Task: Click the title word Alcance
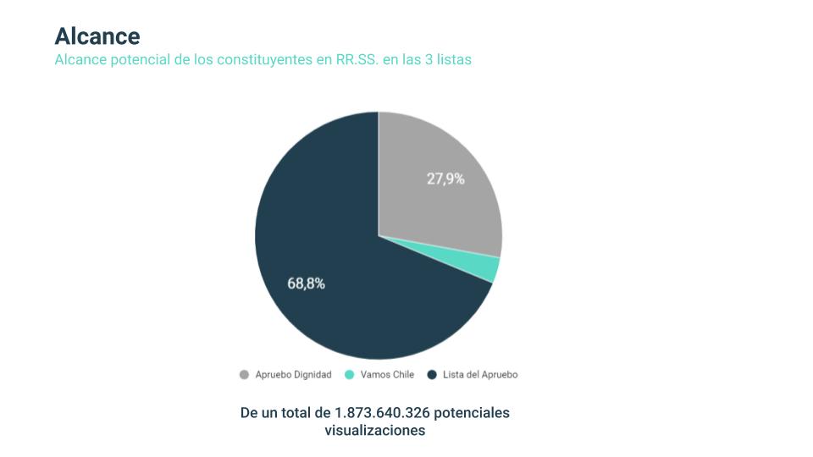pyautogui.click(x=97, y=36)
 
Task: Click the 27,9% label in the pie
pyautogui.click(x=445, y=179)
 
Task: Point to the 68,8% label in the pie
pyautogui.click(x=306, y=284)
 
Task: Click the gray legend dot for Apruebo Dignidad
pyautogui.click(x=245, y=375)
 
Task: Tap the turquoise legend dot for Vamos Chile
pyautogui.click(x=350, y=375)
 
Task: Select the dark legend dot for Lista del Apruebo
pyautogui.click(x=432, y=375)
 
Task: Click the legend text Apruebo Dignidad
pyautogui.click(x=293, y=375)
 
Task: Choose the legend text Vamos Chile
pyautogui.click(x=387, y=375)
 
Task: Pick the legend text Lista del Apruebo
pyautogui.click(x=480, y=375)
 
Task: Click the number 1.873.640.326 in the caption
pyautogui.click(x=388, y=413)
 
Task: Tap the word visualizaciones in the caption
pyautogui.click(x=374, y=431)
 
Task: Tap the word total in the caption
pyautogui.click(x=312, y=413)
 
